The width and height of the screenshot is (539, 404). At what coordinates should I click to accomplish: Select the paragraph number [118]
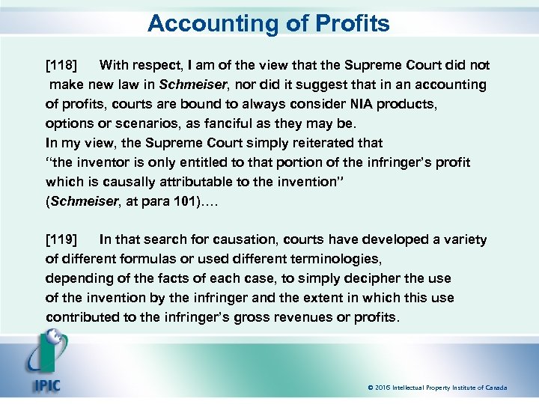point(61,65)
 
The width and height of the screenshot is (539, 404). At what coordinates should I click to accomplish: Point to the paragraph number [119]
point(61,240)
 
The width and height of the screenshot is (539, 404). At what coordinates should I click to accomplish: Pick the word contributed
point(82,318)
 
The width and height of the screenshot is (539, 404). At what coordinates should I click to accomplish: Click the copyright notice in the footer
point(437,388)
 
